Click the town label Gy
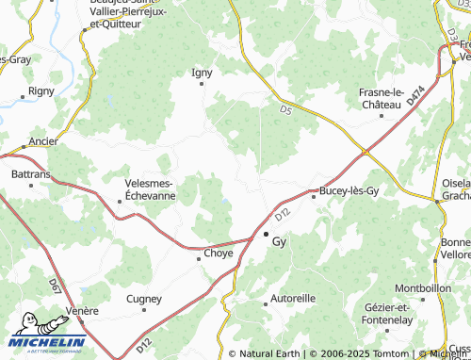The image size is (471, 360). pos(279,241)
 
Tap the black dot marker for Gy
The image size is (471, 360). pos(266,234)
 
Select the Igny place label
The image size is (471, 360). pos(203,72)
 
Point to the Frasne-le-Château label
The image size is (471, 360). pos(394,98)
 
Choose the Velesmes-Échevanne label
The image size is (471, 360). pos(149,189)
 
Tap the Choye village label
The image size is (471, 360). pos(219,254)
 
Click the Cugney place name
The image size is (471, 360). pos(144,299)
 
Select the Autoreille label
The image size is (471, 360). pos(293,298)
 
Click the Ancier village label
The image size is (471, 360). pos(43,142)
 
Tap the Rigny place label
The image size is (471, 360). pos(41,91)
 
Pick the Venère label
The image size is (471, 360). pos(84,311)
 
